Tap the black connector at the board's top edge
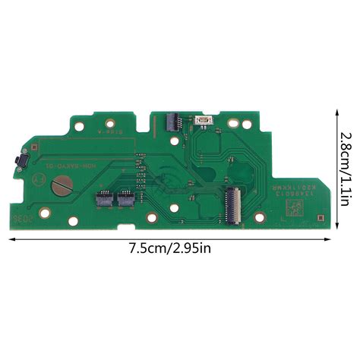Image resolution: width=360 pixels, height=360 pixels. click(170, 119)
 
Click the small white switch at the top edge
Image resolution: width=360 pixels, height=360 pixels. click(203, 121)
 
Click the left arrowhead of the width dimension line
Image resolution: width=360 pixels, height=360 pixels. click(11, 237)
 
